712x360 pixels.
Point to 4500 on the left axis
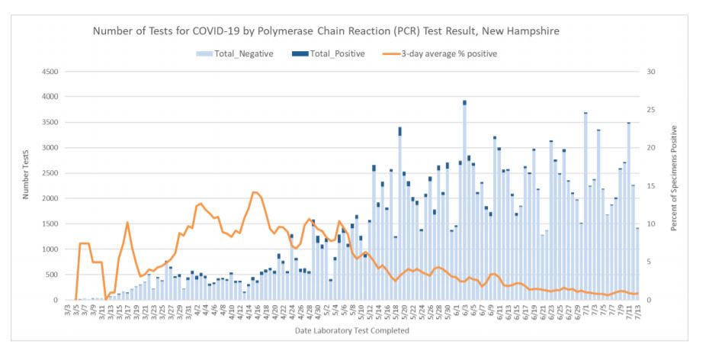click(50, 72)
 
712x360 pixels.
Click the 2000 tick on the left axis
click(50, 198)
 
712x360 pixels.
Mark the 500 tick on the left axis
click(52, 275)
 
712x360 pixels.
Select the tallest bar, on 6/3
click(464, 202)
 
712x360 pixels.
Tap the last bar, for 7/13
click(637, 263)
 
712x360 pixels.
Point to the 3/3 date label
click(69, 310)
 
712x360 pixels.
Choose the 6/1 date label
click(456, 310)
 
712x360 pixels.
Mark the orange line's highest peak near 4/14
click(255, 192)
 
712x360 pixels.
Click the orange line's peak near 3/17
click(127, 222)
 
